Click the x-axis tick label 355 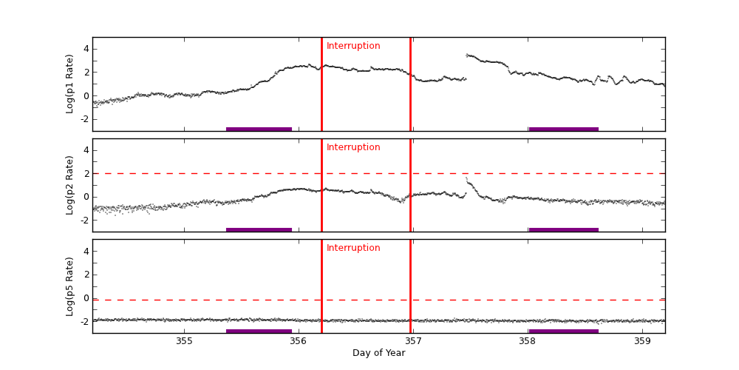point(184,341)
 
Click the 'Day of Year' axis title point(378,353)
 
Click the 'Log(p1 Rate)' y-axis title point(70,84)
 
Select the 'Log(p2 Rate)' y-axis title point(70,185)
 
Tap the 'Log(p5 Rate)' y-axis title point(70,286)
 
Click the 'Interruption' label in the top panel point(353,46)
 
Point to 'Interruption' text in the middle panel point(353,147)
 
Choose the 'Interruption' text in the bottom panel point(353,248)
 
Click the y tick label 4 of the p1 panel point(86,49)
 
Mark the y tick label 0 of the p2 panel point(86,197)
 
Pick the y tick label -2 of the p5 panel point(84,321)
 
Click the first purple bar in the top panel point(259,129)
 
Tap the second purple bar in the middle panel point(563,229)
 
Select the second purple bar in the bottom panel point(563,331)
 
